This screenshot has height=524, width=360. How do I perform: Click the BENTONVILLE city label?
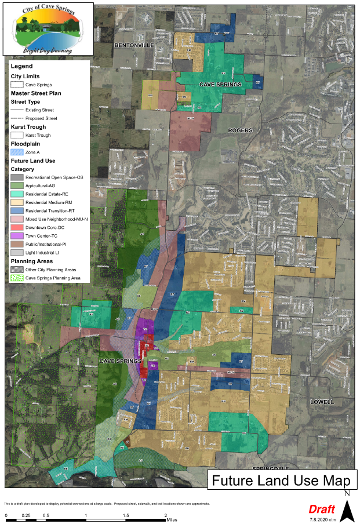click(134, 45)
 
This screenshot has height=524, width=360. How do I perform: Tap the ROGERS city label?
click(240, 130)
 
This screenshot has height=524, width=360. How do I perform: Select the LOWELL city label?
click(322, 402)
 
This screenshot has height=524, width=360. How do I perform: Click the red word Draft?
click(321, 509)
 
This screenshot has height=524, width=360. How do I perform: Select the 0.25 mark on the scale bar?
click(26, 515)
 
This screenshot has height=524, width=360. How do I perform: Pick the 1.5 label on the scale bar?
click(126, 515)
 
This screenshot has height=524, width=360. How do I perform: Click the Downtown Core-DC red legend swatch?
click(17, 227)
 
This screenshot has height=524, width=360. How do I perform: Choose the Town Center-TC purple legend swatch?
click(17, 236)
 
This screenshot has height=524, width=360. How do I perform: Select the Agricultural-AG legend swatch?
click(17, 185)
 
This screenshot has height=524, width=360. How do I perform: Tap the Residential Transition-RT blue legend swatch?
click(17, 210)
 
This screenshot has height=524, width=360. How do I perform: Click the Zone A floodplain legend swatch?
click(17, 152)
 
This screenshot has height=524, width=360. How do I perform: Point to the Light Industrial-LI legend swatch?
click(17, 253)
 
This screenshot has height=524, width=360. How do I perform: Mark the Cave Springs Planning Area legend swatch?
click(17, 278)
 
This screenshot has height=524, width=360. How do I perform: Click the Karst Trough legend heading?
click(28, 126)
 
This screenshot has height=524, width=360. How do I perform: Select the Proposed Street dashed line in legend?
click(17, 118)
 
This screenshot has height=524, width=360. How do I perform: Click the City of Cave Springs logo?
click(46, 27)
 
